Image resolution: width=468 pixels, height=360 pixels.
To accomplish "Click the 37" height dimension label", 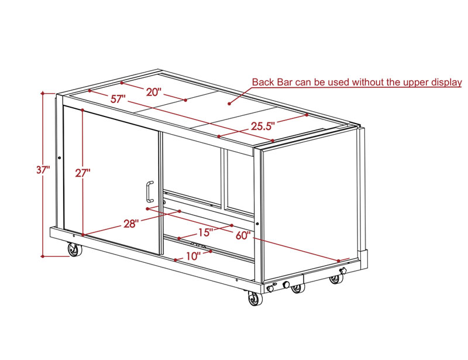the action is tap(43, 170).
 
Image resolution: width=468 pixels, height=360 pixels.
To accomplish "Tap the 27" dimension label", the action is tap(82, 173).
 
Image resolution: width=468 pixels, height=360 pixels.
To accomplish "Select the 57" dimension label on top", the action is tap(118, 99).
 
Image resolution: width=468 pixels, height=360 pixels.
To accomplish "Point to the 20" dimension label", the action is tap(153, 92).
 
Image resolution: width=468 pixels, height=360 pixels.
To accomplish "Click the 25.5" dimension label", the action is tap(263, 126).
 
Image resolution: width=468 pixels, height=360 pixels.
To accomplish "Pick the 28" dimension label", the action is tap(131, 223).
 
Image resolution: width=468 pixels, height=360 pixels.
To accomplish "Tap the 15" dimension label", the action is tap(206, 232).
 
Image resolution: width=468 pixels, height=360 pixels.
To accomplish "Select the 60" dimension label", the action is tap(243, 235).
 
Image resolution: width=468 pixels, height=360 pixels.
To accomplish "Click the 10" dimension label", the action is tap(194, 256).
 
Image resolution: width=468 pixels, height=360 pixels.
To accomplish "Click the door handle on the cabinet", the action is tap(149, 191).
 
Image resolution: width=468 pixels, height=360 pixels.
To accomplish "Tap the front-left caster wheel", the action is tap(74, 249).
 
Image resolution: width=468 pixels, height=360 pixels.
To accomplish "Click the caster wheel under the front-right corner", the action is tap(256, 298).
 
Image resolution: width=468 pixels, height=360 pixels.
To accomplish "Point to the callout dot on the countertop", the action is tap(229, 104).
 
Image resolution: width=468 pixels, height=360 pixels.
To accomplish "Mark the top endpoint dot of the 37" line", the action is tap(43, 93).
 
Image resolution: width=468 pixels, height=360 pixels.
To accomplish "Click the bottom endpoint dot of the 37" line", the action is tap(43, 256).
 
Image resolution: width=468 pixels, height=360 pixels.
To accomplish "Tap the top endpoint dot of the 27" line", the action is tap(82, 110).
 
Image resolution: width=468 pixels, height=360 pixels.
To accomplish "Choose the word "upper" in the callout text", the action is tap(415, 83).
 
